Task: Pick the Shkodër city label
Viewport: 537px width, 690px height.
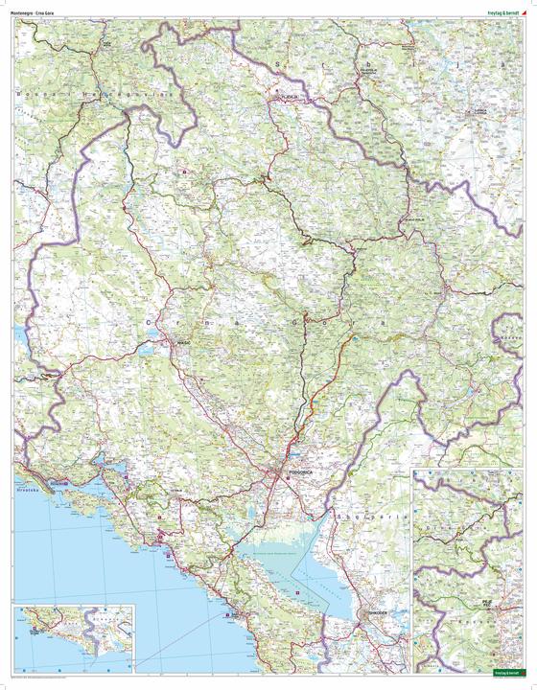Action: [x=372, y=613]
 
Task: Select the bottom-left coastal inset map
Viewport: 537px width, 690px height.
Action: [x=73, y=639]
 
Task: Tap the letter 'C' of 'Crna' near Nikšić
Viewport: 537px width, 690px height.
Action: [x=152, y=322]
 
